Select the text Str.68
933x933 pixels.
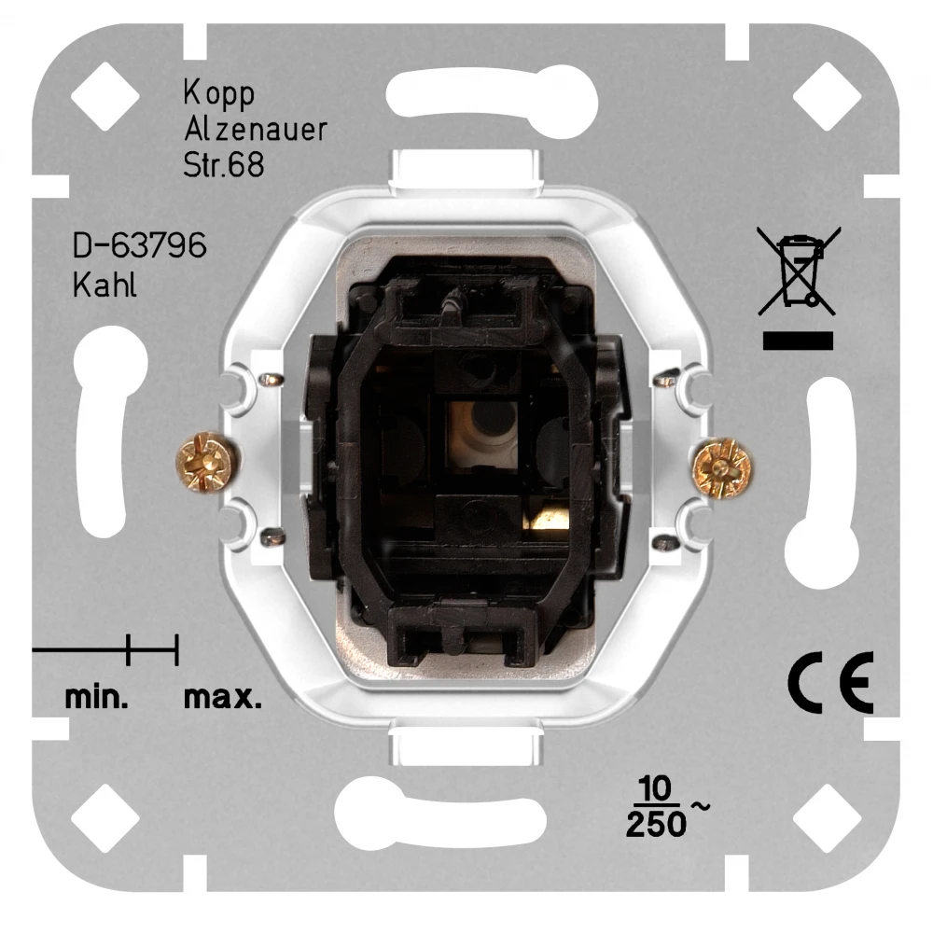coord(224,165)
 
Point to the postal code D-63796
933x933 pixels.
coord(139,249)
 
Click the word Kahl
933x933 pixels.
coord(104,285)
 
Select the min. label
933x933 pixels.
coord(97,697)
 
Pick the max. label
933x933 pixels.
coord(222,697)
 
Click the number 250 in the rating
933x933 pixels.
coord(655,825)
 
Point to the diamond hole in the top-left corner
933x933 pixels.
coord(104,97)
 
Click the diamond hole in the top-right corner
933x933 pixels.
coord(827,97)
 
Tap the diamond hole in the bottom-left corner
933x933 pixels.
coord(104,817)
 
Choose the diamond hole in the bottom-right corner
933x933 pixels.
coord(827,817)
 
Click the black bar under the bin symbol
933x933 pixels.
coord(798,341)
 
